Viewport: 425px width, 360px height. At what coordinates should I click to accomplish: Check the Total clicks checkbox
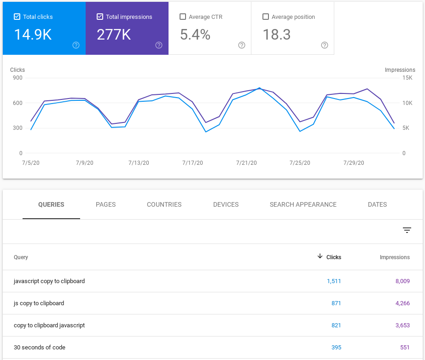(x=17, y=17)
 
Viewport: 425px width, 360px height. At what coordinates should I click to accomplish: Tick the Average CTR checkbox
(x=183, y=17)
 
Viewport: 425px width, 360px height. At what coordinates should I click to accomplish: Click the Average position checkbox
(x=266, y=17)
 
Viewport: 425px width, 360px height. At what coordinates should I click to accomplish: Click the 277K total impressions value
(x=114, y=35)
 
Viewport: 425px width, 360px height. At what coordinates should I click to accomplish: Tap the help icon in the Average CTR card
(x=242, y=45)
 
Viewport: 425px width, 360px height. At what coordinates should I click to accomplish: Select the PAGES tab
(x=105, y=204)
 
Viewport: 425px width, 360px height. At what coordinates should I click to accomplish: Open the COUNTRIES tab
(x=164, y=204)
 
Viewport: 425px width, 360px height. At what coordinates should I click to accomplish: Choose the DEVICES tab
(x=226, y=204)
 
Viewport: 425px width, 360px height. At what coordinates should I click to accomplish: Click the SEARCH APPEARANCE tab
(x=303, y=204)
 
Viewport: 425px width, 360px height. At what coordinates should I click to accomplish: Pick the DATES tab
(x=377, y=204)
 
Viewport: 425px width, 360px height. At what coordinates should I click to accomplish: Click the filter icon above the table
(x=407, y=230)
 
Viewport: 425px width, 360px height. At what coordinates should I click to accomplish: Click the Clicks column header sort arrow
(x=320, y=256)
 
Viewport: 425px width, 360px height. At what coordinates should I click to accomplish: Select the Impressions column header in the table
(x=395, y=257)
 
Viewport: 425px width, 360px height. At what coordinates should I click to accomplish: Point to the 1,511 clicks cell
(x=333, y=281)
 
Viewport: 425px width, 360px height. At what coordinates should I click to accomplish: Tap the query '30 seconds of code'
(x=40, y=348)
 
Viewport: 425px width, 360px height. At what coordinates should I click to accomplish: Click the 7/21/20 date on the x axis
(x=246, y=163)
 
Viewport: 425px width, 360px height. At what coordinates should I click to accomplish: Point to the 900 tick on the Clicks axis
(x=17, y=78)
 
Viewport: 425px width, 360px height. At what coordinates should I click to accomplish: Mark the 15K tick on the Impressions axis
(x=407, y=78)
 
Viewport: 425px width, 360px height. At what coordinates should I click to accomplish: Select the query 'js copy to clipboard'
(x=39, y=303)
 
